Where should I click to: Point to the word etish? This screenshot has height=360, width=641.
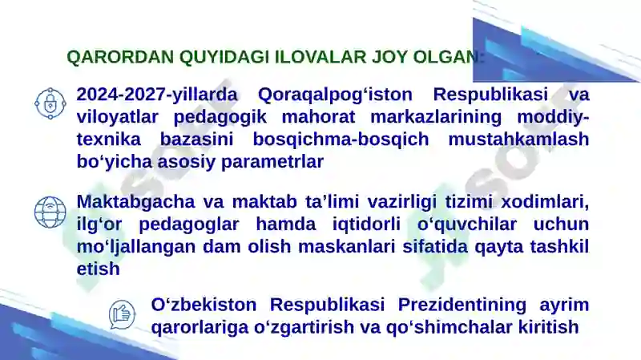pos(98,269)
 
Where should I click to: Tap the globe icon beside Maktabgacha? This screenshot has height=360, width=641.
pos(50,212)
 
